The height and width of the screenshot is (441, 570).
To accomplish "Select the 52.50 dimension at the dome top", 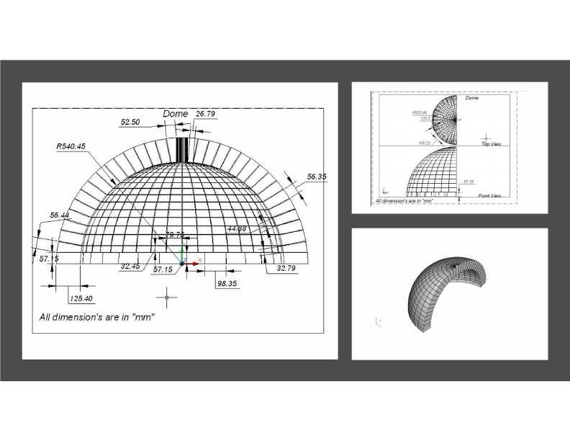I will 130,122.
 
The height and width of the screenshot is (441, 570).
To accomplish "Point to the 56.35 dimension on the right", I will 317,177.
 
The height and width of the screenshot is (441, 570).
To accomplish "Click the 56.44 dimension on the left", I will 60,215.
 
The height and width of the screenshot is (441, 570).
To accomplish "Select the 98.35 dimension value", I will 227,284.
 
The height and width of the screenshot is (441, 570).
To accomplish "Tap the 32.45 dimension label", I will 130,266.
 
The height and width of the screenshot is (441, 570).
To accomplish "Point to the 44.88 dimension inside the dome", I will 237,228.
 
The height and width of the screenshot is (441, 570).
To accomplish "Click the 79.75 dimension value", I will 176,234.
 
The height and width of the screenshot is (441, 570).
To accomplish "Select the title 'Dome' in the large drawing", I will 175,114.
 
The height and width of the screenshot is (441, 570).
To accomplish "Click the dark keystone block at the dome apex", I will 183,149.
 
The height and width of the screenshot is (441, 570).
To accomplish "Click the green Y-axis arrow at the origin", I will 183,252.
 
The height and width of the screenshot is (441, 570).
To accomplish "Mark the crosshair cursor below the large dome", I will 167,296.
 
